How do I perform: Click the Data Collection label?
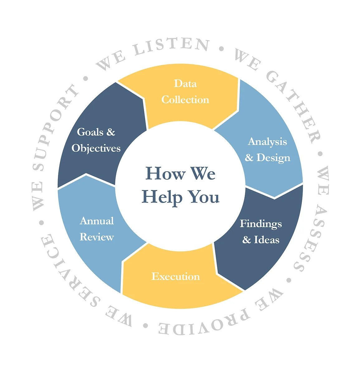185,92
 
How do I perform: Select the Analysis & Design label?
267,150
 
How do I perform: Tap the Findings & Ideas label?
261,232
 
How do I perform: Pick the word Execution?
175,276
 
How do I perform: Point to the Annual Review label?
97,229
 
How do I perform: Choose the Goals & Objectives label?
96,140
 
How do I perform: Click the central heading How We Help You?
180,185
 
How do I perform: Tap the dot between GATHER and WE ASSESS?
320,154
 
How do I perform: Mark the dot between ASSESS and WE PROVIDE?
289,280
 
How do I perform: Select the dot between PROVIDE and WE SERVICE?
145,326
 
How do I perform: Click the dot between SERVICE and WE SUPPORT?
41,223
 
